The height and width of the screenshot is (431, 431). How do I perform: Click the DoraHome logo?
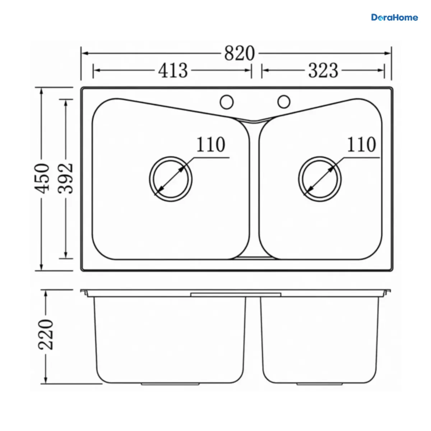[x=394, y=18]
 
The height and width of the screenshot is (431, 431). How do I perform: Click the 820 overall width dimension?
[x=239, y=53]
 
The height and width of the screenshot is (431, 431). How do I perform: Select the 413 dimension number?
[x=173, y=70]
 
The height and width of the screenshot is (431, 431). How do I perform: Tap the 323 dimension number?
[x=323, y=70]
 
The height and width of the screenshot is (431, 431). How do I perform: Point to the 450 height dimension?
[x=42, y=178]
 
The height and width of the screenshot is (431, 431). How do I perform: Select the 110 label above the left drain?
[x=211, y=144]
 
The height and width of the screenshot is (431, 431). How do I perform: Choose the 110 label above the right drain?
[x=361, y=144]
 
